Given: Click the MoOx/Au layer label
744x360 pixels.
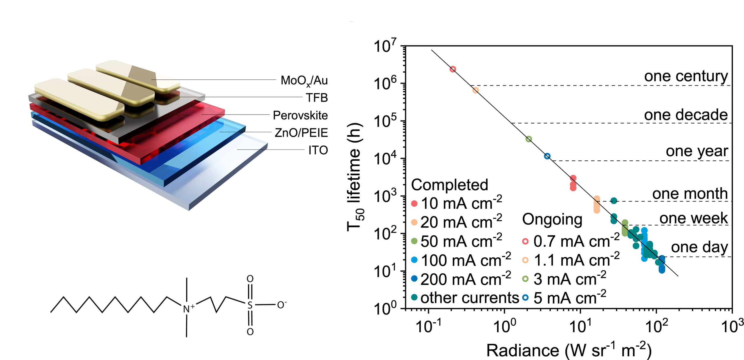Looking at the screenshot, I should pyautogui.click(x=304, y=80).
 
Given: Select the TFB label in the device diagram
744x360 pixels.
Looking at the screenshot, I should pyautogui.click(x=317, y=98).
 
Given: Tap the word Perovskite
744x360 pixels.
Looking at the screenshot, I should pyautogui.click(x=300, y=115).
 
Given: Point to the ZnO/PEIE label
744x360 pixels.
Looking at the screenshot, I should pyautogui.click(x=301, y=133).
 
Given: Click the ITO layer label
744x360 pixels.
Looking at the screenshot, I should pyautogui.click(x=318, y=150).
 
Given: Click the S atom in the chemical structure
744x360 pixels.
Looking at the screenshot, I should pyautogui.click(x=250, y=305).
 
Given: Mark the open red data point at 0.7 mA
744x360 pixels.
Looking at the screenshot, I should pyautogui.click(x=453, y=69).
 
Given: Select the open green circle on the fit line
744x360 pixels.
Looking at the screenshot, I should pyautogui.click(x=529, y=139).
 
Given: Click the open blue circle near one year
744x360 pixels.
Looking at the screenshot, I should pyautogui.click(x=547, y=156).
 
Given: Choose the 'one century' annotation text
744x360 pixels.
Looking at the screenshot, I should pyautogui.click(x=686, y=76).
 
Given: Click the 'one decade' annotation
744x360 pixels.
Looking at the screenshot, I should pyautogui.click(x=686, y=115).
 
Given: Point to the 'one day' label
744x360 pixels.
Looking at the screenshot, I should pyautogui.click(x=699, y=247).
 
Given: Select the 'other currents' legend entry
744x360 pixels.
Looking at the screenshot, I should pyautogui.click(x=470, y=298).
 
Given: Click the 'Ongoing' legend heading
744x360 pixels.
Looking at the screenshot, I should pyautogui.click(x=552, y=220).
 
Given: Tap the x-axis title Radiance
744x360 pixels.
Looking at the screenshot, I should pyautogui.click(x=523, y=350).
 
